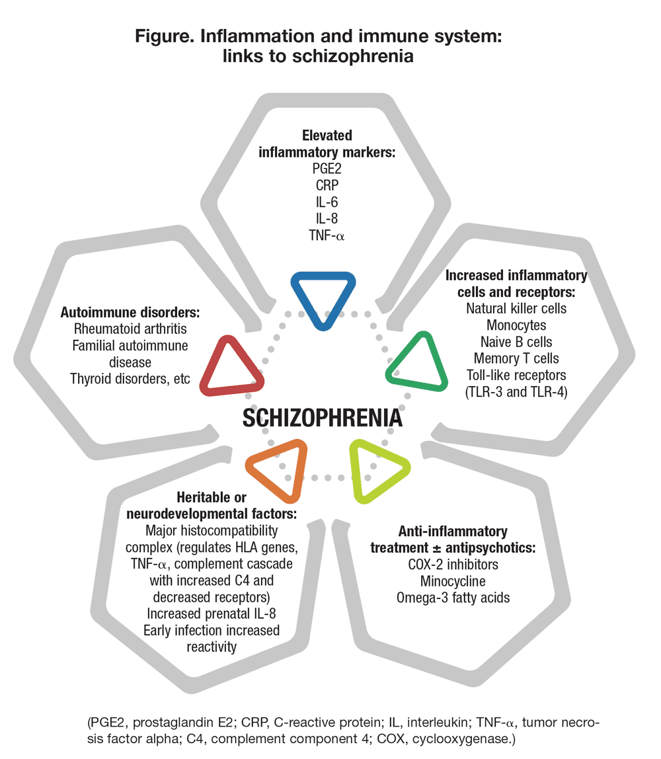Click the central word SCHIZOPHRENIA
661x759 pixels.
pos(322,419)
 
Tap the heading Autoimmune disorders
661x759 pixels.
pos(130,312)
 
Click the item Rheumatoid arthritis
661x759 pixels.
pos(130,329)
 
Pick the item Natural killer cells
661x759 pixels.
pos(516,308)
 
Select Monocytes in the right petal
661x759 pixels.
pos(516,325)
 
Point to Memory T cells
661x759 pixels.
pos(516,358)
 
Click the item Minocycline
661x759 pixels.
pos(453,582)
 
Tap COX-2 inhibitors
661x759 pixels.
pos(453,565)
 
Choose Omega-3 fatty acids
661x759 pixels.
pos(453,598)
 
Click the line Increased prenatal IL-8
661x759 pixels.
pos(212,614)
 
